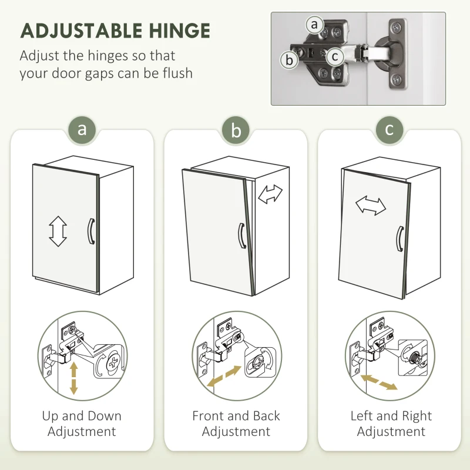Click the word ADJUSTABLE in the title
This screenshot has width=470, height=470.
(81, 31)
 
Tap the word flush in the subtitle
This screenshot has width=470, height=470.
(177, 73)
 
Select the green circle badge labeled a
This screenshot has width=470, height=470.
(82, 130)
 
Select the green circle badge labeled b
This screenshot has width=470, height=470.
(236, 130)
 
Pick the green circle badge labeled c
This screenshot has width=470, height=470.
(390, 130)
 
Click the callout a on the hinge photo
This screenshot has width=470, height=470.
(314, 25)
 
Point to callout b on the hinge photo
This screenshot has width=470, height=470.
(289, 60)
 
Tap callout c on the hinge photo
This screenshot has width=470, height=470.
(335, 56)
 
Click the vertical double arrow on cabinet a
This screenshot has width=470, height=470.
(58, 231)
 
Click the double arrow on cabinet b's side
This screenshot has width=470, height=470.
(270, 194)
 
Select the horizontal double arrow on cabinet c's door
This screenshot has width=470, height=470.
(371, 206)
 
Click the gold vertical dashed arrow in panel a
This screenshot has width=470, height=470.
(74, 378)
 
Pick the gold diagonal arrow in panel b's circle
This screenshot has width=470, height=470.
(224, 376)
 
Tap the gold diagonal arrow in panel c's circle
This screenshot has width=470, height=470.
(379, 382)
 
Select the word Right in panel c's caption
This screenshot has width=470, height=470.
(417, 417)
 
